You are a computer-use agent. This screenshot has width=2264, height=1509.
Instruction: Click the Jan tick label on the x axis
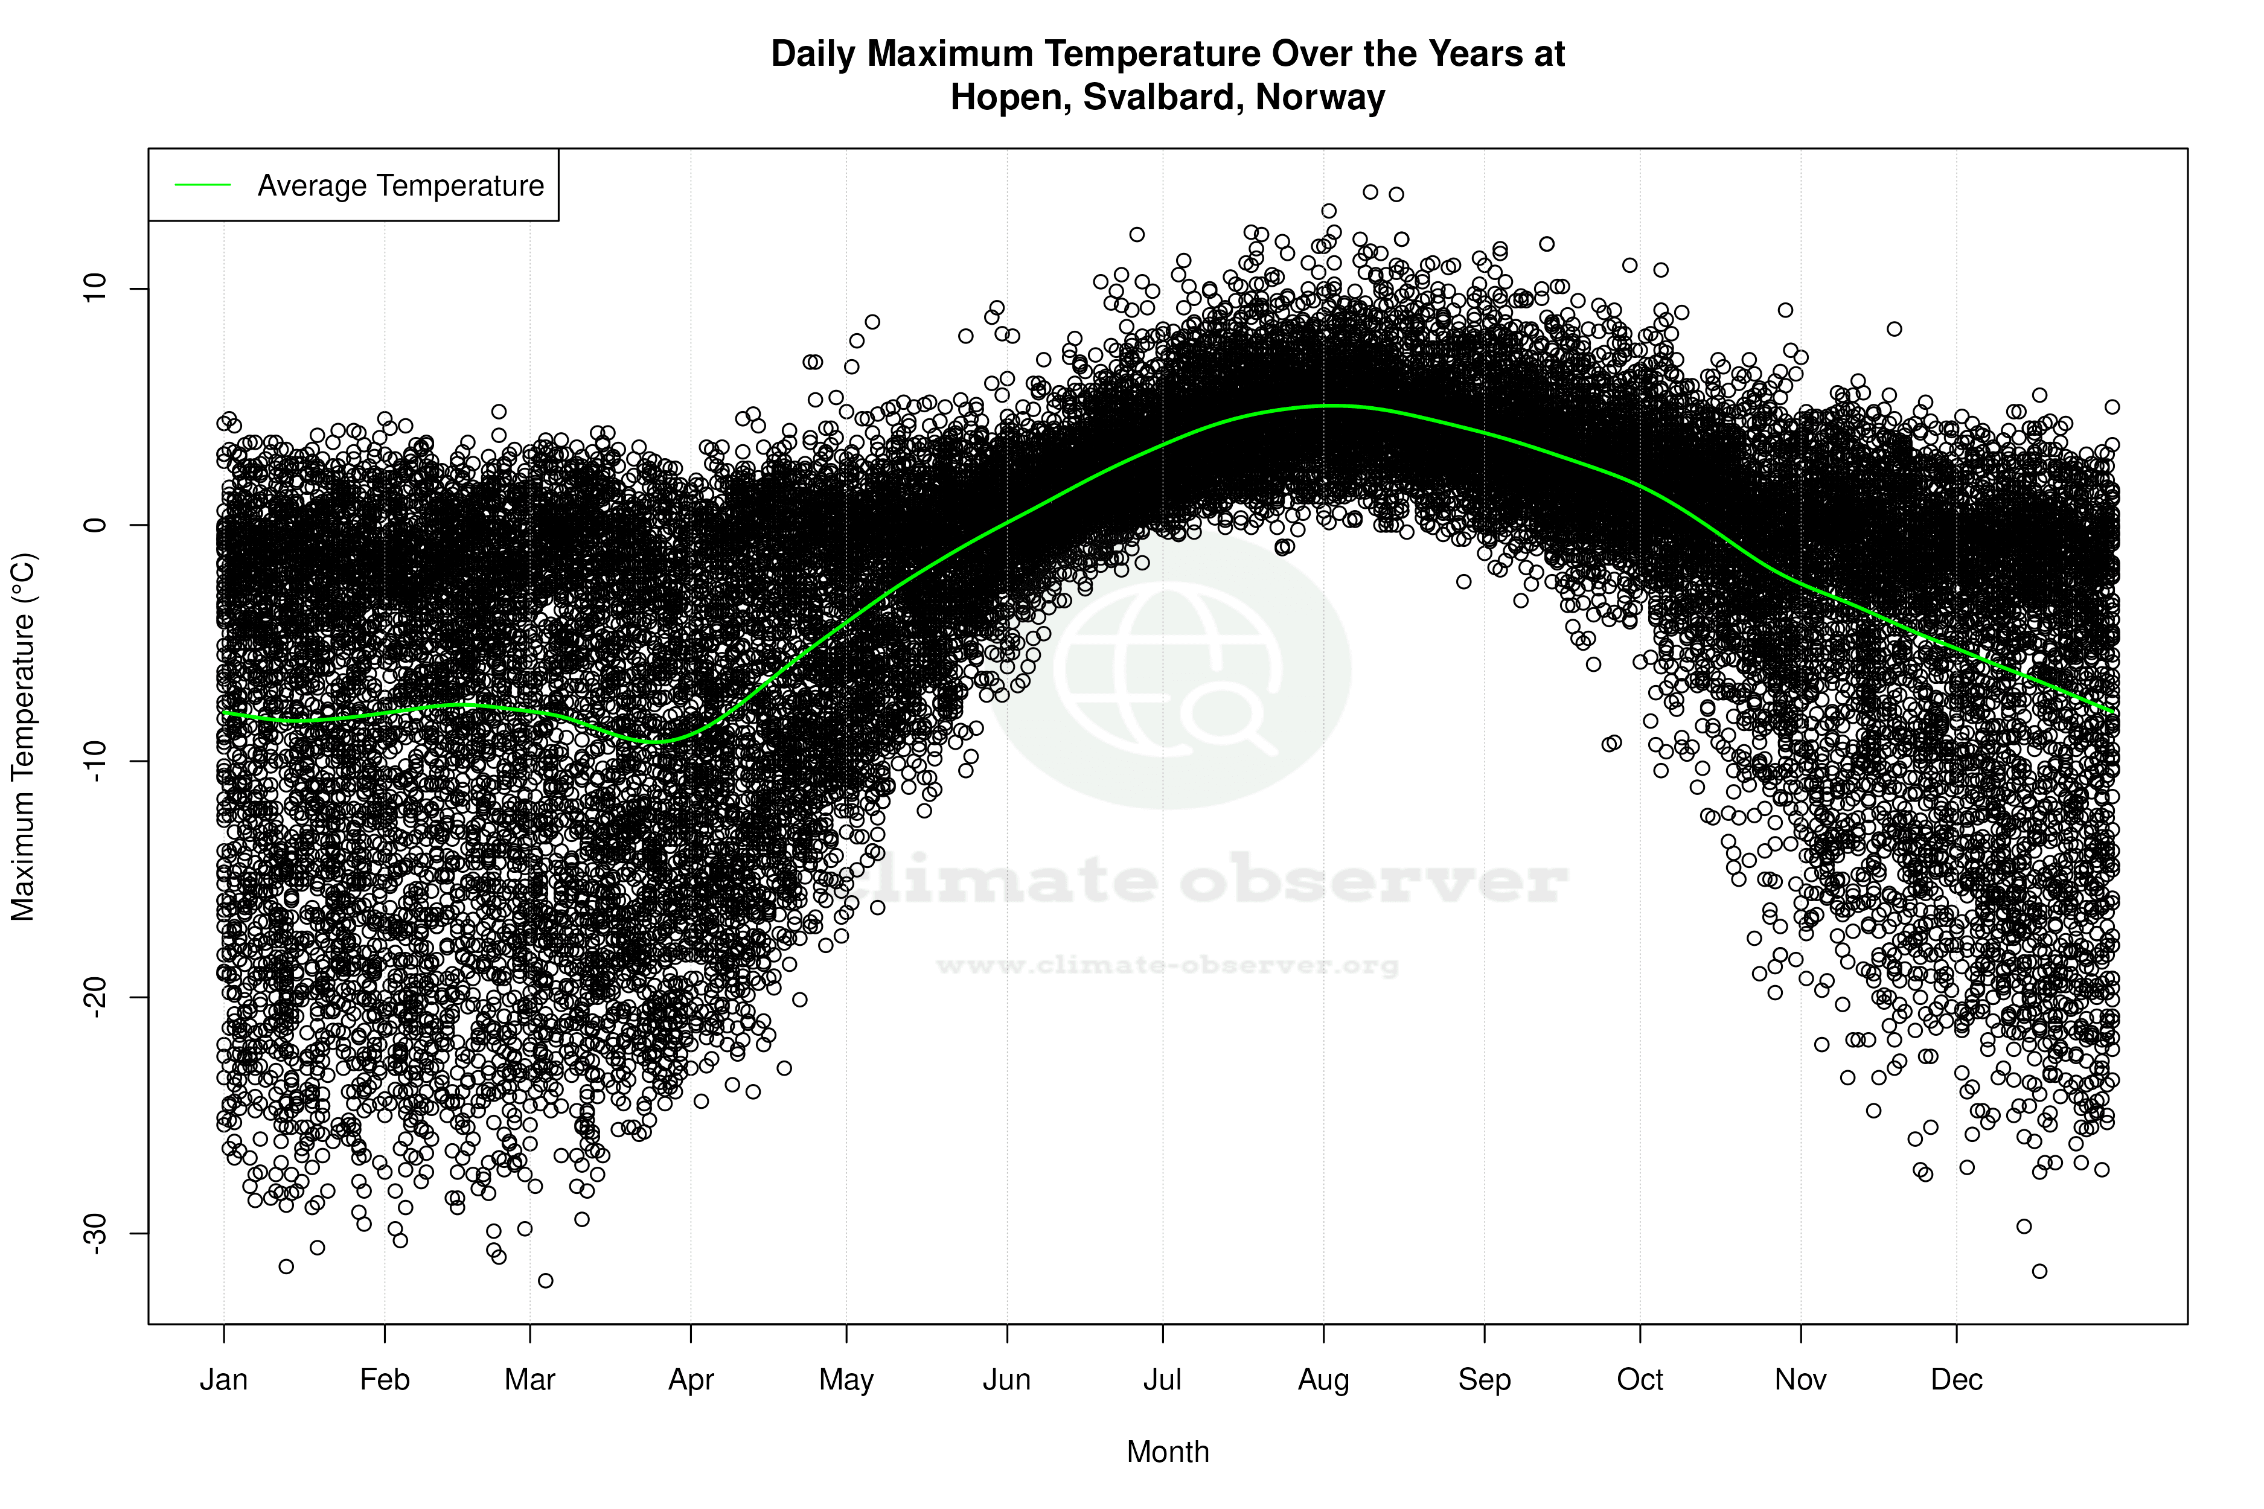point(223,1380)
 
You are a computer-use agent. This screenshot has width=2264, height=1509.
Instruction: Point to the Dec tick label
point(1956,1380)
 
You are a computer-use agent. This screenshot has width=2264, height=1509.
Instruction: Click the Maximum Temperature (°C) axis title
point(23,736)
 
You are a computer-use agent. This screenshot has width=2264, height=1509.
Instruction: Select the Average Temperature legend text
point(400,186)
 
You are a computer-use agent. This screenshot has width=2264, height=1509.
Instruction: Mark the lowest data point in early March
point(546,1280)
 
